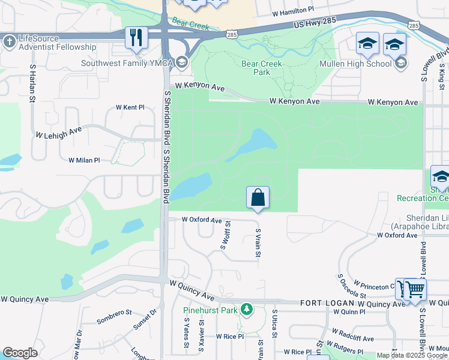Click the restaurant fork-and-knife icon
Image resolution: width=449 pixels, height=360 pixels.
point(137,38)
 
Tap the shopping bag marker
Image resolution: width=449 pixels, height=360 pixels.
point(258,197)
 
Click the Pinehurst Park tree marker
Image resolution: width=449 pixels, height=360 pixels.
point(246,310)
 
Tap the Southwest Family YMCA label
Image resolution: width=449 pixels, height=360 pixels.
point(128,62)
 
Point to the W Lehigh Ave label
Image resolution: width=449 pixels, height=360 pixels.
point(58,133)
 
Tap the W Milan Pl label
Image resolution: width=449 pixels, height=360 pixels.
point(84,160)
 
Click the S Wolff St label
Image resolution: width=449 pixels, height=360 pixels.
point(226,235)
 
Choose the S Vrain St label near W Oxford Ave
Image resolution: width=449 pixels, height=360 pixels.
point(258,244)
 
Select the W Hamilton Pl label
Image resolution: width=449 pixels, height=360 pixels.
point(293,11)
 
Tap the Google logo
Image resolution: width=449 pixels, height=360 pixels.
point(20,353)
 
